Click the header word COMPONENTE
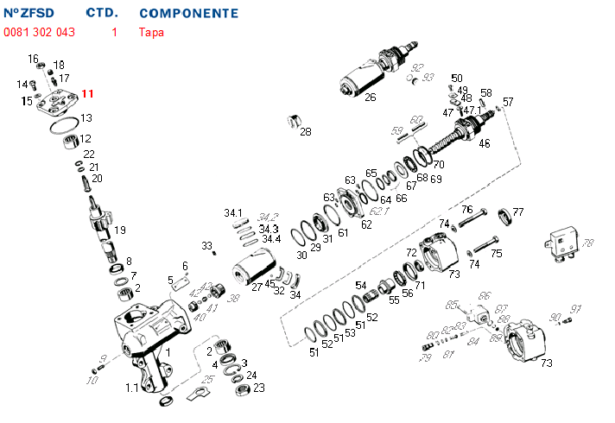point(188,15)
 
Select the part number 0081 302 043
point(40,33)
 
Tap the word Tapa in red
point(151,33)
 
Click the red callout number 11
point(88,94)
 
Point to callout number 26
point(370,97)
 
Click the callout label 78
point(588,243)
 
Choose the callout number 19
point(120,230)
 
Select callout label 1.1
point(131,388)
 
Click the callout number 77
point(518,211)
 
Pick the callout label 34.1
point(233,212)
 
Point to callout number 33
point(207,246)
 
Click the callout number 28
point(305,132)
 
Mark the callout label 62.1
point(381,210)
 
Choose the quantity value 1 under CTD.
point(114,33)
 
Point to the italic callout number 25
point(207,379)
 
